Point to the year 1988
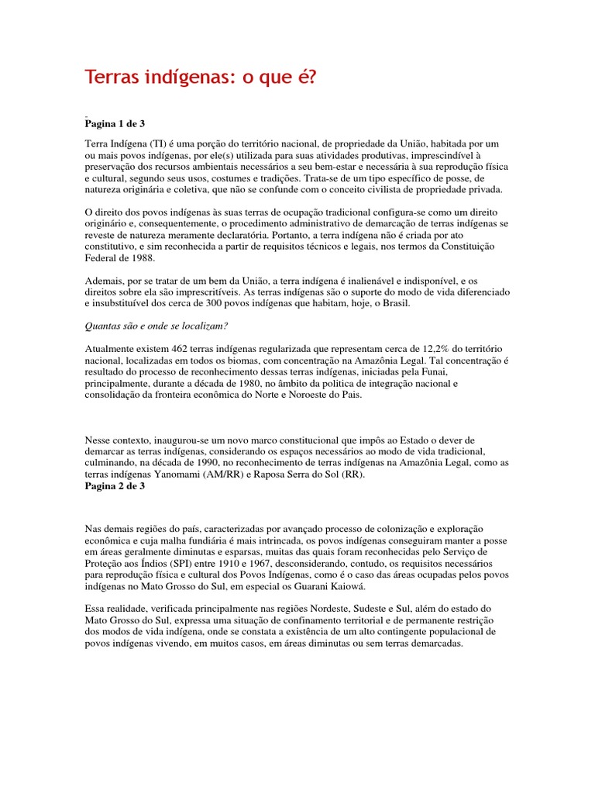click(143, 258)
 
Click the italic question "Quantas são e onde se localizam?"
click(162, 326)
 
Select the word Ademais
click(105, 281)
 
